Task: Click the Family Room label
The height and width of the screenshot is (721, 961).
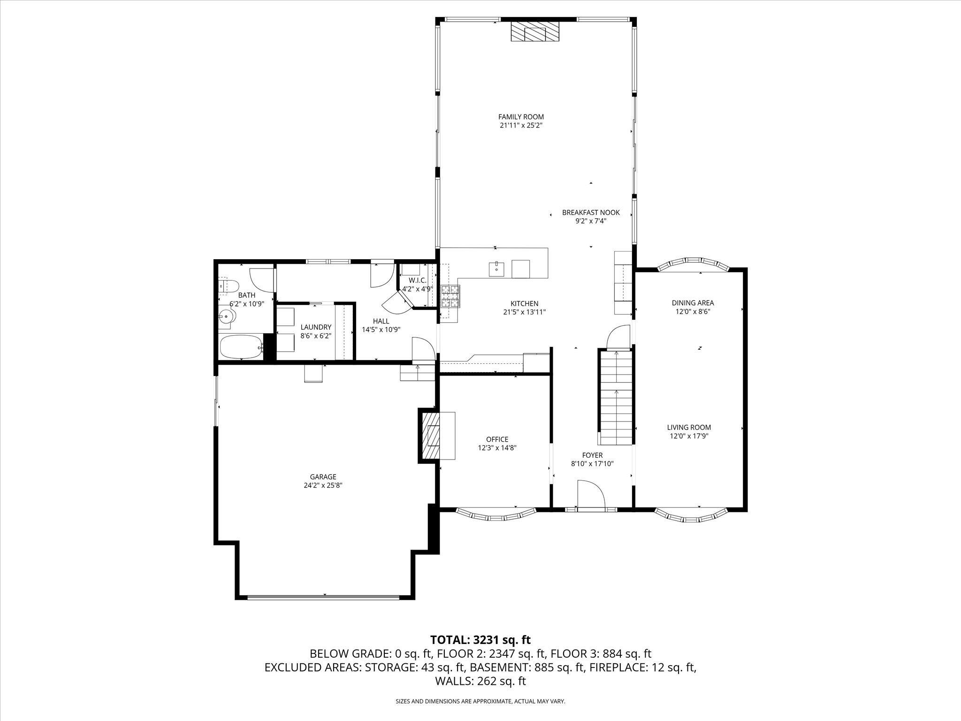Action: (521, 117)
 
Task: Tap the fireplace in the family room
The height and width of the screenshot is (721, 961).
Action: (535, 32)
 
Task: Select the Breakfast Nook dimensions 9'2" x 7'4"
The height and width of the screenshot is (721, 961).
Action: (591, 221)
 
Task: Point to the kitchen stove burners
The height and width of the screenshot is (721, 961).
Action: (450, 297)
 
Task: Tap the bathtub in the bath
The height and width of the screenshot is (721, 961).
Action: (242, 347)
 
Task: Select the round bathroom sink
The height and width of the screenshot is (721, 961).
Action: (226, 317)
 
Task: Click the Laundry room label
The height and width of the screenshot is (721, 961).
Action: (316, 327)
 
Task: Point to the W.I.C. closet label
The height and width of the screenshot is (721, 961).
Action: (417, 280)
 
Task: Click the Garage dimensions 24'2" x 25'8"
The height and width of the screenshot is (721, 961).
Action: (323, 486)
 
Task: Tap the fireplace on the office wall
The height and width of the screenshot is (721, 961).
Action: (436, 435)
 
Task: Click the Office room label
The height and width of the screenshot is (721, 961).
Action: (497, 439)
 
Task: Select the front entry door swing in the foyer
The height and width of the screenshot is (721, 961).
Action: (590, 493)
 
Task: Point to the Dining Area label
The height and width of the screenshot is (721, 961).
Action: (693, 303)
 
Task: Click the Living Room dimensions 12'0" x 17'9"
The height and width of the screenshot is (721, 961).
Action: (689, 436)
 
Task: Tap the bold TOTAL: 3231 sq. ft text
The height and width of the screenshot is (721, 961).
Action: (480, 639)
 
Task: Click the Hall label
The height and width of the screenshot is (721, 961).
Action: (381, 321)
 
